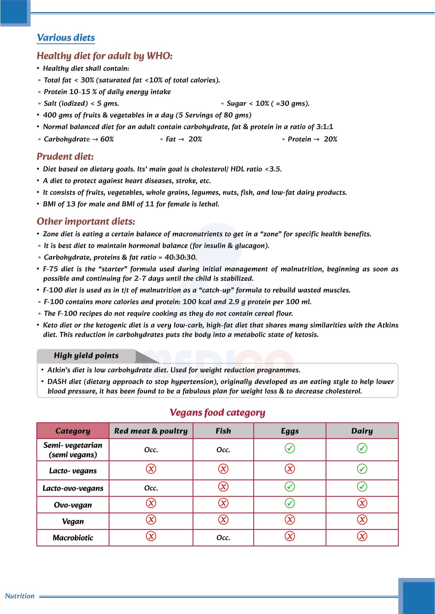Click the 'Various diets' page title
(x=66, y=38)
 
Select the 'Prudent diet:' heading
(x=65, y=156)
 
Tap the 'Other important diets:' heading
(x=86, y=221)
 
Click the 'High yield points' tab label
(x=86, y=355)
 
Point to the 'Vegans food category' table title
(x=217, y=412)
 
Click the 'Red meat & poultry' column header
(x=151, y=431)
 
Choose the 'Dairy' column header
(x=362, y=431)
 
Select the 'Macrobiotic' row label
(x=73, y=538)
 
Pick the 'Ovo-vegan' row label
(x=73, y=505)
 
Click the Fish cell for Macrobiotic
(x=223, y=538)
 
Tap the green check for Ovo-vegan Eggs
(x=289, y=503)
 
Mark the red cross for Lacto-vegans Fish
(x=223, y=469)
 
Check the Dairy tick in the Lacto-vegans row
(x=362, y=469)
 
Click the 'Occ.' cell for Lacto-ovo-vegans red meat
(x=151, y=488)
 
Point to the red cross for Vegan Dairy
(x=362, y=520)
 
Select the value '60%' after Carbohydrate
(x=107, y=139)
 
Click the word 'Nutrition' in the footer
(x=20, y=596)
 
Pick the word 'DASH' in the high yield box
(x=57, y=382)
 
